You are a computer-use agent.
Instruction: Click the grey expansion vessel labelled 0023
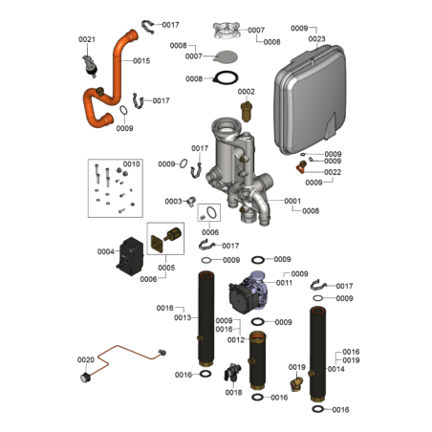point(310,99)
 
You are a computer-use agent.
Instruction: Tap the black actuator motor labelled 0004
point(130,256)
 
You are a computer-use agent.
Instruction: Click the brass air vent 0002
point(246,112)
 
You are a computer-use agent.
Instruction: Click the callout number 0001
point(292,201)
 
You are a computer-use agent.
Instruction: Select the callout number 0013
point(183,317)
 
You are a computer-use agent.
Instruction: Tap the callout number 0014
point(335,369)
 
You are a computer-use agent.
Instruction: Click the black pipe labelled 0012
point(257,360)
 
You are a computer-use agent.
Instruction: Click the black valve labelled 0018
point(232,372)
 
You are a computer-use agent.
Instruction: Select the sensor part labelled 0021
point(90,66)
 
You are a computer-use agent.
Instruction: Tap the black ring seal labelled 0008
point(226,77)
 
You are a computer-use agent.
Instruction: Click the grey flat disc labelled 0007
point(226,57)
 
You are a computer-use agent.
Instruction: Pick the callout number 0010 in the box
point(131,164)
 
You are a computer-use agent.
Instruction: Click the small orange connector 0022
point(301,167)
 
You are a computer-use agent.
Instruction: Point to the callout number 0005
point(166,268)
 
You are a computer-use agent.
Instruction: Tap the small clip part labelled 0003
point(191,201)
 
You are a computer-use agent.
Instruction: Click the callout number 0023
point(316,39)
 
